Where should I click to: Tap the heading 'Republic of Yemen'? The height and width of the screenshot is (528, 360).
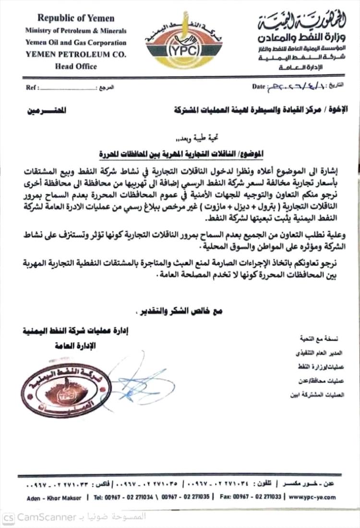[x=76, y=19]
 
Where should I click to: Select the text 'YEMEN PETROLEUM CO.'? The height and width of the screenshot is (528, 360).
[x=76, y=55]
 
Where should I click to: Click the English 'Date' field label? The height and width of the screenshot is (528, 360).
[x=258, y=86]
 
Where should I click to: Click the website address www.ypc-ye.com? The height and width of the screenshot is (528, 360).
[x=313, y=498]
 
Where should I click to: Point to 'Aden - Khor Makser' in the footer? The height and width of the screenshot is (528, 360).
[x=54, y=498]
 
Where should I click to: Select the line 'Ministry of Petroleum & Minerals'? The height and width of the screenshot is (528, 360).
[x=76, y=31]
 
